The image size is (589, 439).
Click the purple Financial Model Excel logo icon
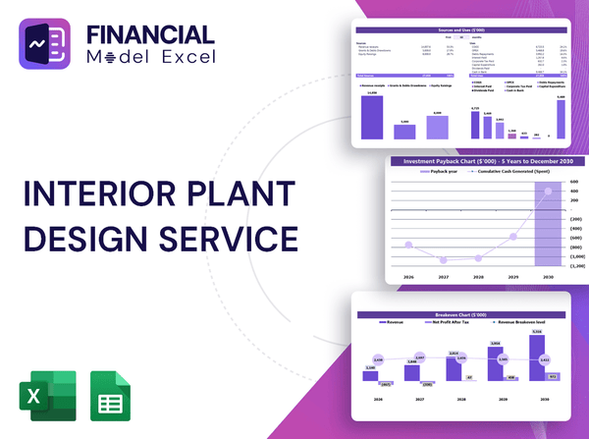50,51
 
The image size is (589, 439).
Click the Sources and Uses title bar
461,31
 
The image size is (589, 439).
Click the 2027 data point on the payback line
445,260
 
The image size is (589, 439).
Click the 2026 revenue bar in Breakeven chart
370,373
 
